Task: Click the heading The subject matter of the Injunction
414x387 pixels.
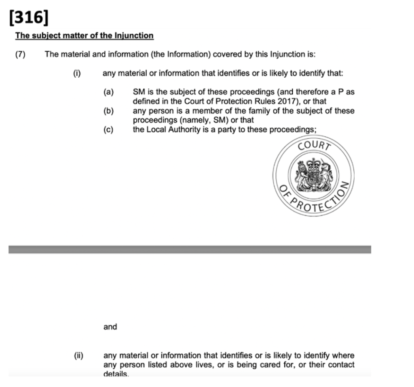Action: (84, 36)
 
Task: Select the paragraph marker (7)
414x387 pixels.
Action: (20, 54)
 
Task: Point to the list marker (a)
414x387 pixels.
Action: (108, 92)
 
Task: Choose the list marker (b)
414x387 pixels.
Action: (108, 111)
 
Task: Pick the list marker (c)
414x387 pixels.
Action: (108, 129)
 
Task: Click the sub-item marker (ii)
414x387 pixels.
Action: (78, 355)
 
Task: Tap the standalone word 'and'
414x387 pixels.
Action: (110, 327)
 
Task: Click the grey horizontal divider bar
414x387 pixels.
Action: (190, 249)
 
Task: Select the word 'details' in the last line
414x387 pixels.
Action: (116, 374)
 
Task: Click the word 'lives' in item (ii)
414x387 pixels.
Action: (238, 365)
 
